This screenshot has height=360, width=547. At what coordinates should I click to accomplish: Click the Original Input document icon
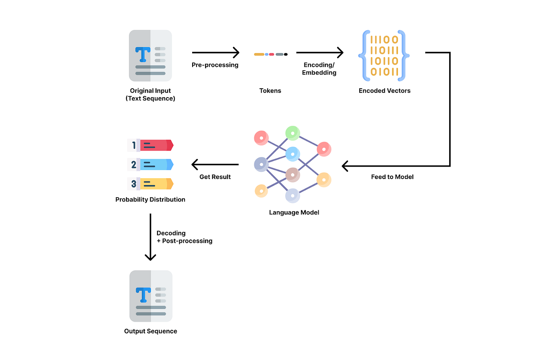click(150, 55)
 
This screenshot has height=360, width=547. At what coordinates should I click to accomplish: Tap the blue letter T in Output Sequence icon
click(142, 295)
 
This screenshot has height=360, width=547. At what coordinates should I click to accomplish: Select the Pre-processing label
click(215, 65)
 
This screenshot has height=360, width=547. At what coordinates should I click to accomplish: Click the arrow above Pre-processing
click(215, 52)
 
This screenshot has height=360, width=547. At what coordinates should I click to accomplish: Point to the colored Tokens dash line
click(270, 54)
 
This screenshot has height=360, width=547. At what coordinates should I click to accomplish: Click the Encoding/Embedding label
click(320, 69)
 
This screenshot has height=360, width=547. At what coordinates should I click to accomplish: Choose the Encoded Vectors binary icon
click(384, 55)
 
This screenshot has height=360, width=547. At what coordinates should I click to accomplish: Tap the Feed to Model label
click(392, 177)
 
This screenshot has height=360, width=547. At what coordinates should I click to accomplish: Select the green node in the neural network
click(292, 133)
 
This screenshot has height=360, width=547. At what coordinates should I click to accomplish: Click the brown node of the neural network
click(293, 175)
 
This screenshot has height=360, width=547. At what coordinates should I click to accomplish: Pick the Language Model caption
click(294, 212)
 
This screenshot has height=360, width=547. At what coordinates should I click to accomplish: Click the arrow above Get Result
click(215, 164)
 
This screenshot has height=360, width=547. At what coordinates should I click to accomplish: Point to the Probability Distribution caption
click(150, 200)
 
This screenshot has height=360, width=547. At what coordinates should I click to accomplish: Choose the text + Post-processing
click(184, 241)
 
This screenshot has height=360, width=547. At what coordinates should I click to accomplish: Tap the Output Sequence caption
click(150, 331)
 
